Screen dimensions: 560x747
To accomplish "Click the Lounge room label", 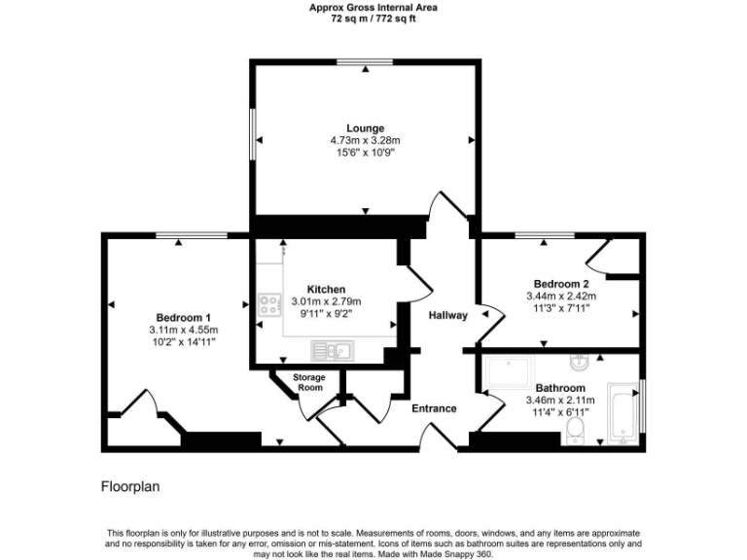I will tap(365, 127).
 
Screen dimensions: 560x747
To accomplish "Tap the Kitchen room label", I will tap(326, 290).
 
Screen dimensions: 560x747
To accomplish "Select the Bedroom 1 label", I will tap(184, 318).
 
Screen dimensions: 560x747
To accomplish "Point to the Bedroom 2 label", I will tap(561, 285).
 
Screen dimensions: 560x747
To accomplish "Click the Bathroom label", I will tap(559, 387).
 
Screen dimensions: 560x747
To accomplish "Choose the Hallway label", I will tap(447, 315).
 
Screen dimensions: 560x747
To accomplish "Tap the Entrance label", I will tap(434, 408).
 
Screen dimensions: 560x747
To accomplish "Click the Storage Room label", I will tap(309, 382).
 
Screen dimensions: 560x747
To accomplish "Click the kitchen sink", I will tap(330, 350).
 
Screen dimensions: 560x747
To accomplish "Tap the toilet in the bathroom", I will tap(576, 429).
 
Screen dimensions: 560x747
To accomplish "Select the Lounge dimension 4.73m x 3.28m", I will tap(365, 141).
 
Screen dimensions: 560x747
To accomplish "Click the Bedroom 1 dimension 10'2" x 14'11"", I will tap(183, 342).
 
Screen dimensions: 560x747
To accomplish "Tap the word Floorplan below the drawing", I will tap(130, 485).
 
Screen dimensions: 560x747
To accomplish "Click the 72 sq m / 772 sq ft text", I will tap(373, 17).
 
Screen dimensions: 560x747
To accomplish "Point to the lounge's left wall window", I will tap(253, 134).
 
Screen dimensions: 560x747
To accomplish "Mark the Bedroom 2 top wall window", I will tap(544, 234).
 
